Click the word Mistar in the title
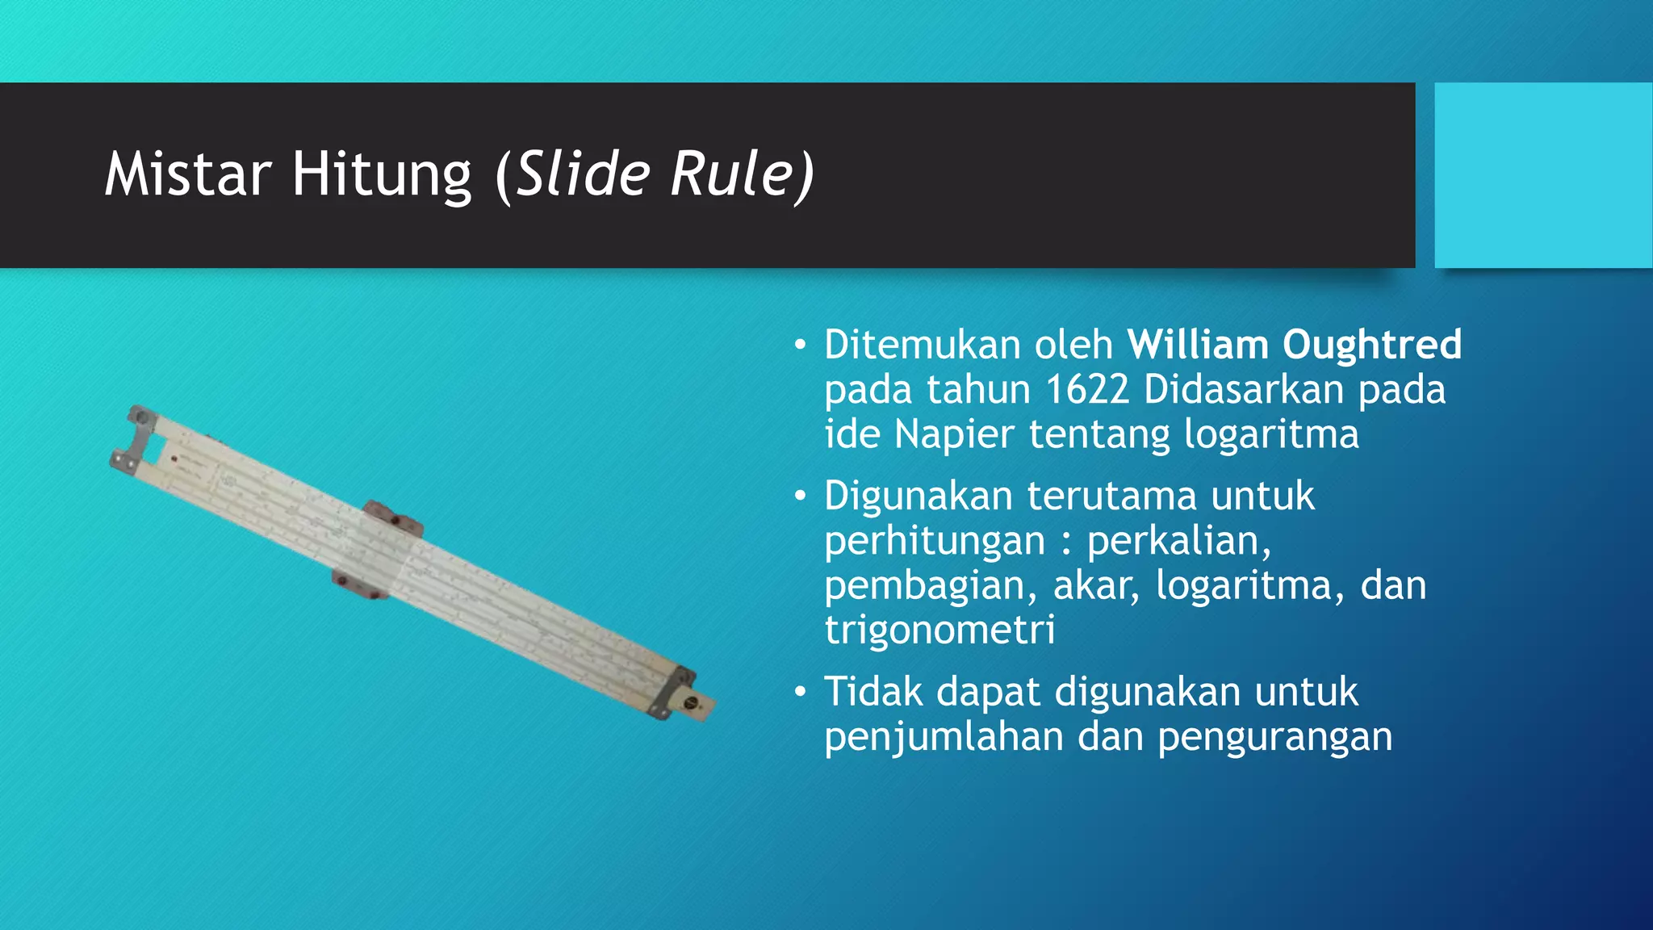pos(187,174)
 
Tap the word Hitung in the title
pos(381,174)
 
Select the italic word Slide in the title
pos(583,174)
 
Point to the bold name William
pos(1198,345)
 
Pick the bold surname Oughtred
pos(1372,345)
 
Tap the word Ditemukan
pos(923,345)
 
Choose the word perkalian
pos(1178,541)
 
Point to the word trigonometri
pos(939,630)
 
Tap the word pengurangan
pos(1275,737)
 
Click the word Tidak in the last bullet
pos(873,692)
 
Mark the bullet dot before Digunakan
pos(800,495)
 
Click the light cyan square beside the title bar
pos(1543,174)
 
